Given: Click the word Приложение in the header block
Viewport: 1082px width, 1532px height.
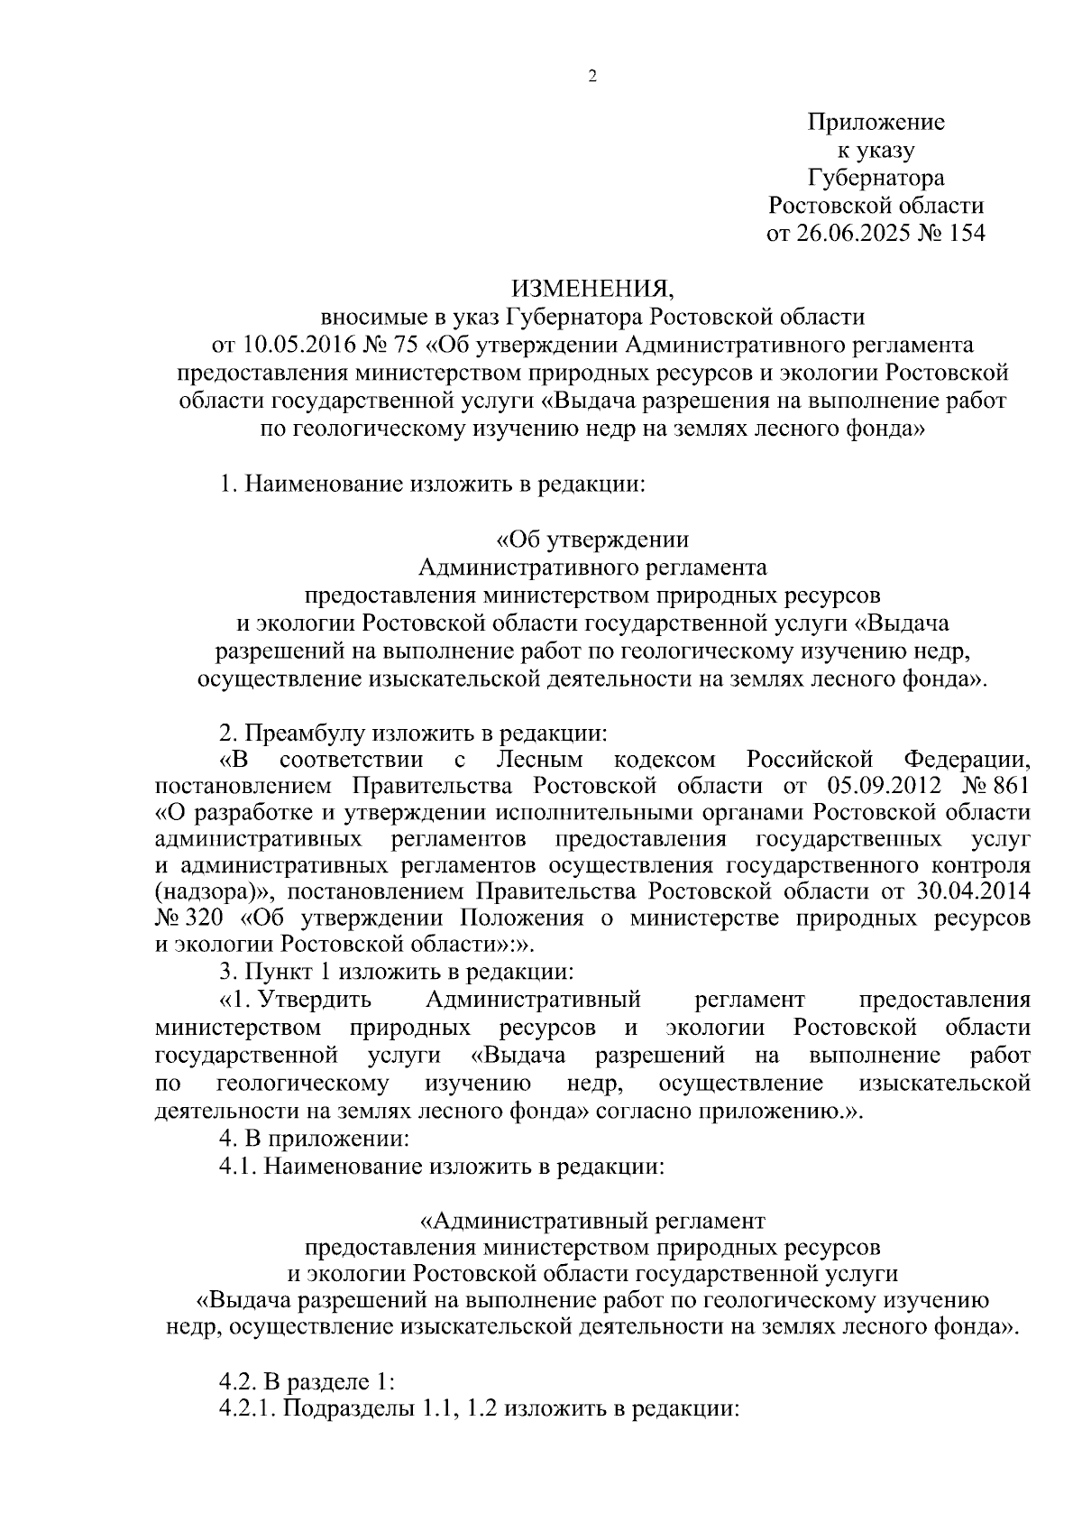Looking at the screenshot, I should pos(876,122).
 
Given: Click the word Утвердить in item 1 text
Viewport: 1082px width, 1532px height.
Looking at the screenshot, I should pos(320,1000).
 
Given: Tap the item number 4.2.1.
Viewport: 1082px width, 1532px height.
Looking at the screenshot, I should pos(248,1408).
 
